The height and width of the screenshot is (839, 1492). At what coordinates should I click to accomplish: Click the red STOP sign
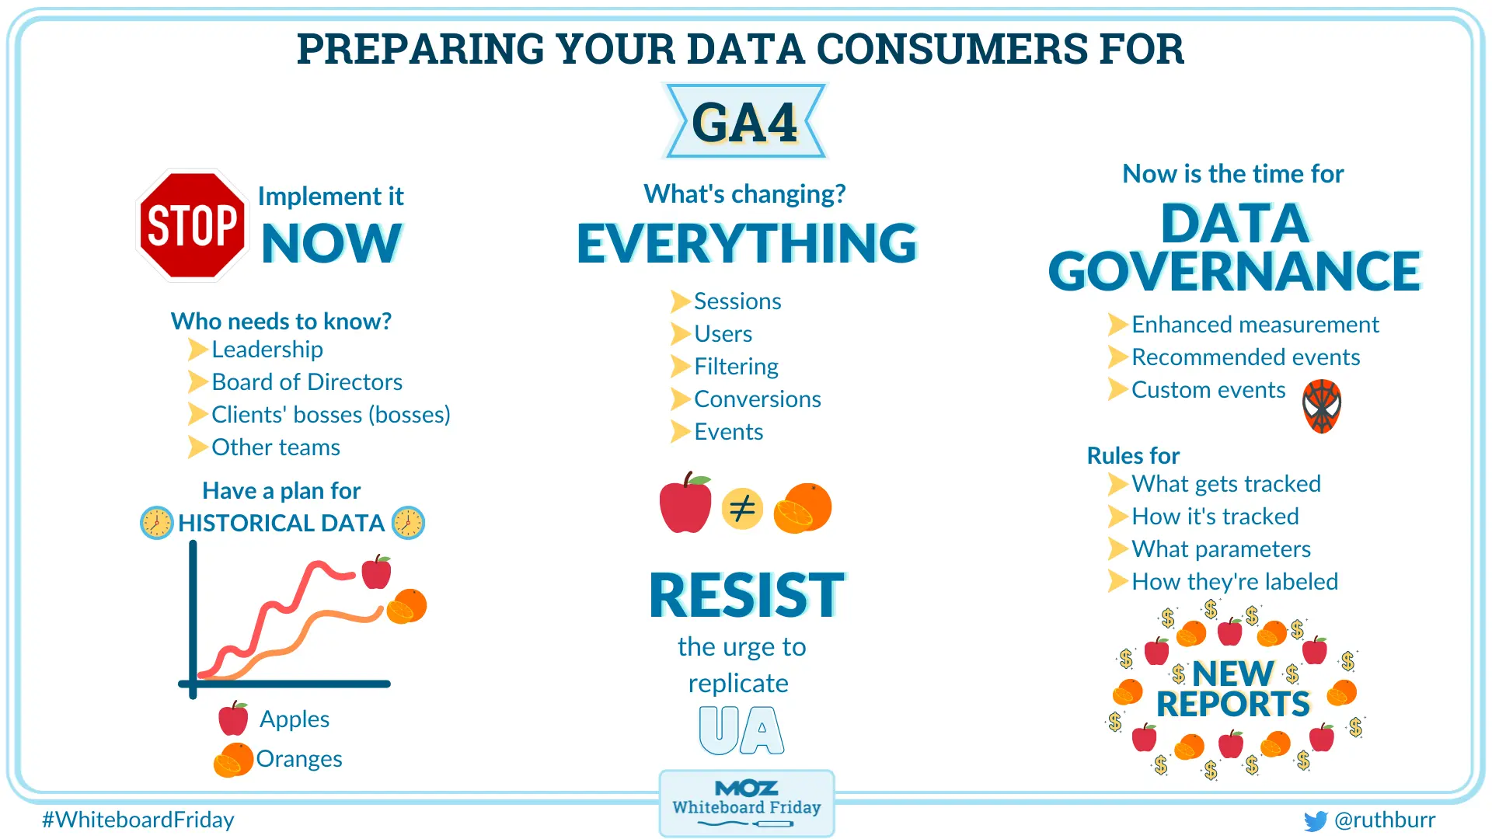(x=192, y=225)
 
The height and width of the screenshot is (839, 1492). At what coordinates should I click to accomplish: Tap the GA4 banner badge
(x=744, y=122)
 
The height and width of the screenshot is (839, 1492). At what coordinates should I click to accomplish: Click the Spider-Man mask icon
(x=1322, y=406)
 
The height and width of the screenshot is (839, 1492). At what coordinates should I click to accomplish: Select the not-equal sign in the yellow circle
(x=742, y=509)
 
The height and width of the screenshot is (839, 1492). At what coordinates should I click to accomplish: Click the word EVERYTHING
(x=746, y=244)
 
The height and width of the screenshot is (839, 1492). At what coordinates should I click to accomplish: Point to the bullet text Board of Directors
(x=307, y=382)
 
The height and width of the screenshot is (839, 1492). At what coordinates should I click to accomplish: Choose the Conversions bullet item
(x=757, y=399)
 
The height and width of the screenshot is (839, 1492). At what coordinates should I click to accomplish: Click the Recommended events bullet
(x=1245, y=357)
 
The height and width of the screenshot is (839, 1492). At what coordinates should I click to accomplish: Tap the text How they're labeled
(x=1234, y=582)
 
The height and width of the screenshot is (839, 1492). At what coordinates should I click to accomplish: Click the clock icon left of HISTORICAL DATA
(x=156, y=523)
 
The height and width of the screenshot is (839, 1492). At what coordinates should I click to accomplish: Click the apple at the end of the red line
(x=377, y=573)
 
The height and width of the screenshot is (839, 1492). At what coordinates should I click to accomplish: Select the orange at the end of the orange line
(x=407, y=607)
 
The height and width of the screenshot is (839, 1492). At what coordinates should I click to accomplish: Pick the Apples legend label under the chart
(x=294, y=719)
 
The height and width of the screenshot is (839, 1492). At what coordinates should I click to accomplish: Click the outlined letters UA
(x=741, y=730)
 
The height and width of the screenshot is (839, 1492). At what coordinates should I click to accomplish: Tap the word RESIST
(x=746, y=596)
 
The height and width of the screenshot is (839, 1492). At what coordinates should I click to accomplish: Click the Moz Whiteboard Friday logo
(x=746, y=802)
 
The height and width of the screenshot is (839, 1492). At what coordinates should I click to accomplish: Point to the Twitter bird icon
(x=1315, y=821)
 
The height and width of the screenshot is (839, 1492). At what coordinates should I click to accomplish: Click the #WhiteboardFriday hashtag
(x=138, y=820)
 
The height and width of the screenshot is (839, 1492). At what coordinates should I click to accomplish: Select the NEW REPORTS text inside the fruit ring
(x=1232, y=689)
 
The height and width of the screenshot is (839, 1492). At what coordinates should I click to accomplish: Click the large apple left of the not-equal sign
(x=685, y=505)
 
